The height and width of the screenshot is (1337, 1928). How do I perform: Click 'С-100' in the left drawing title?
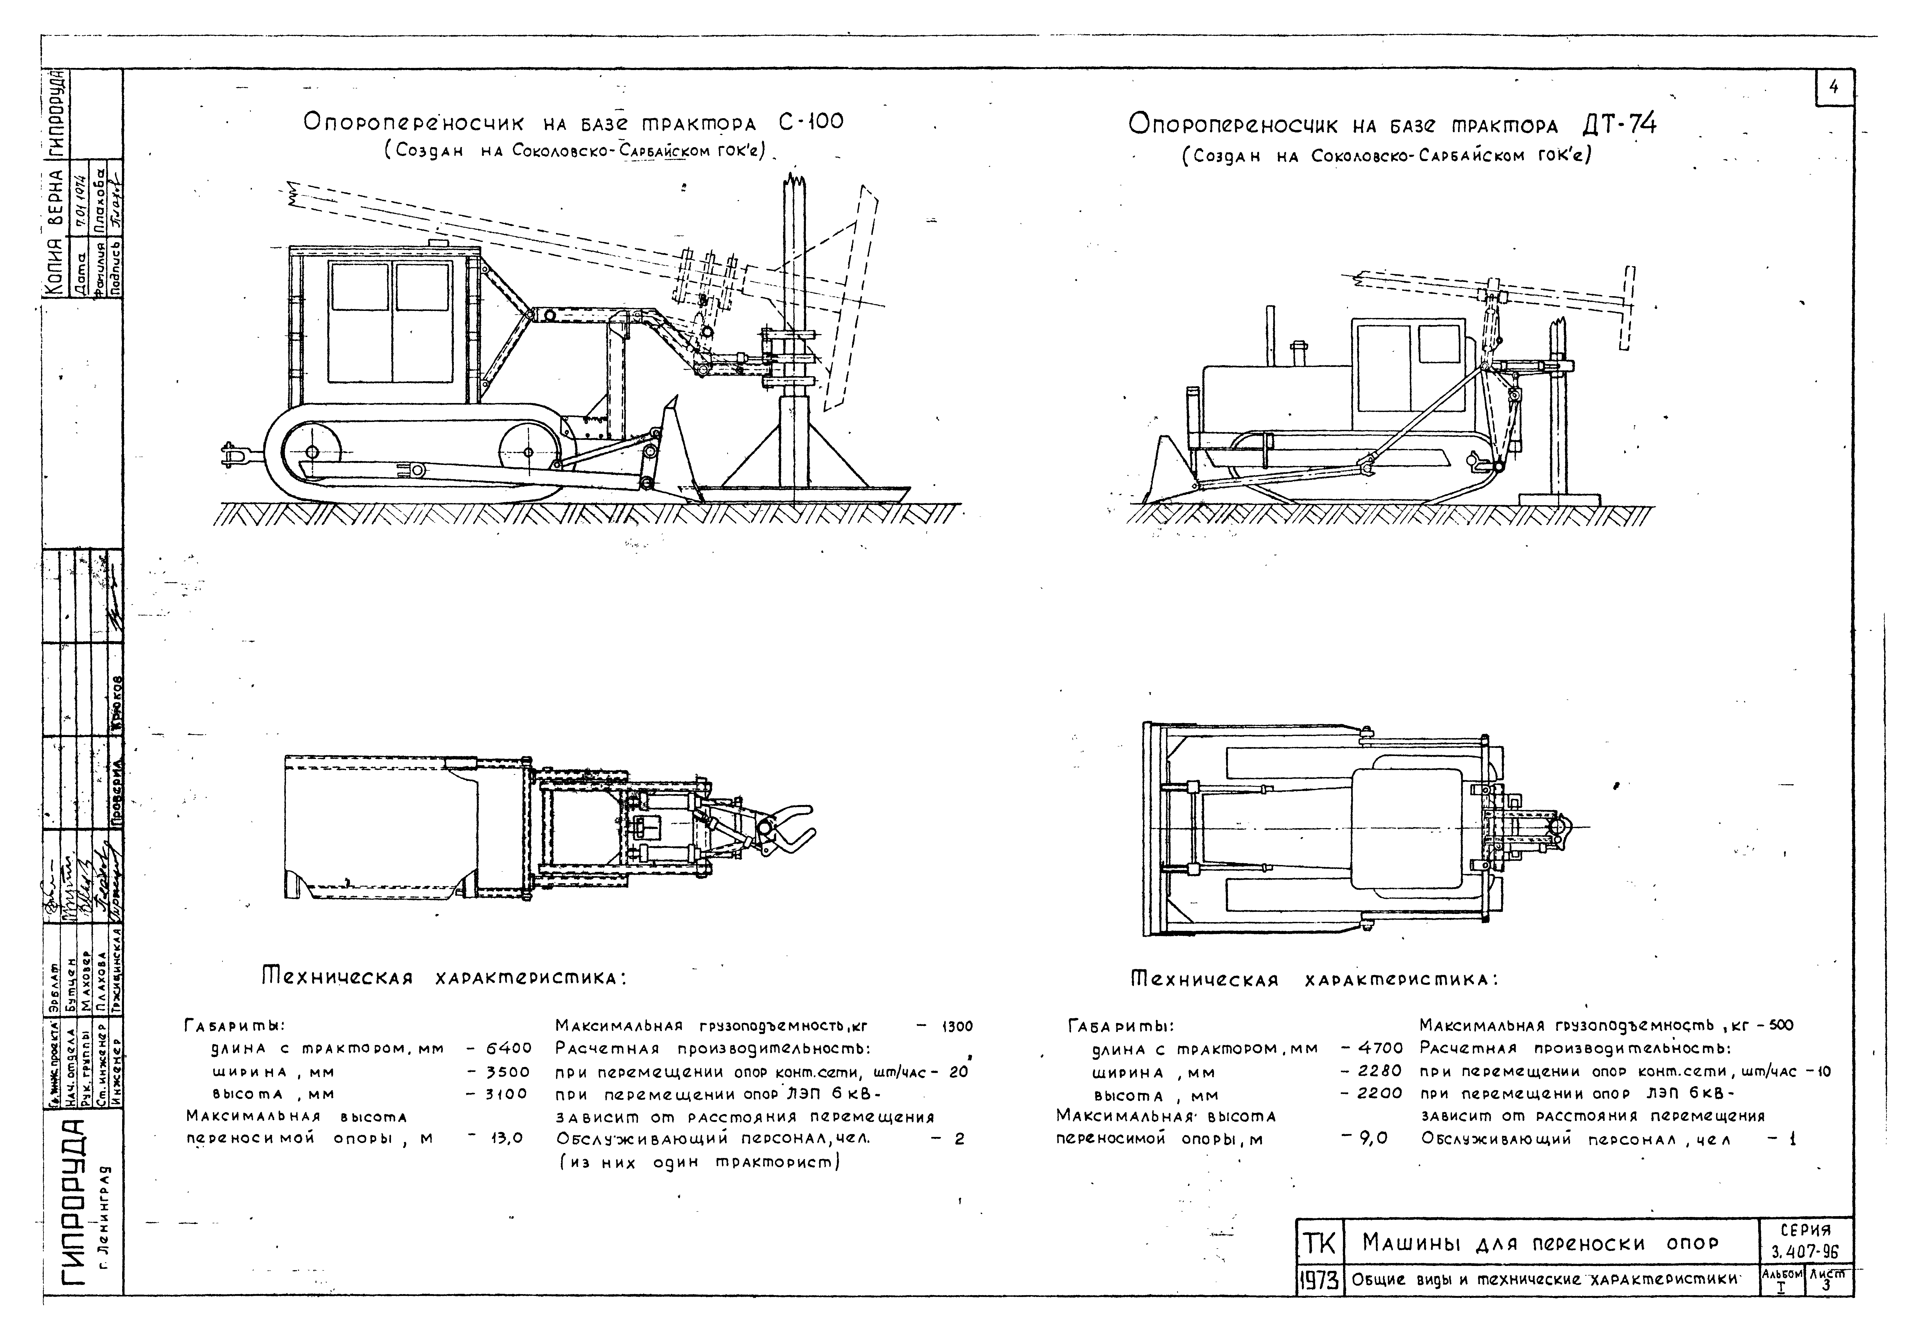(810, 122)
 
